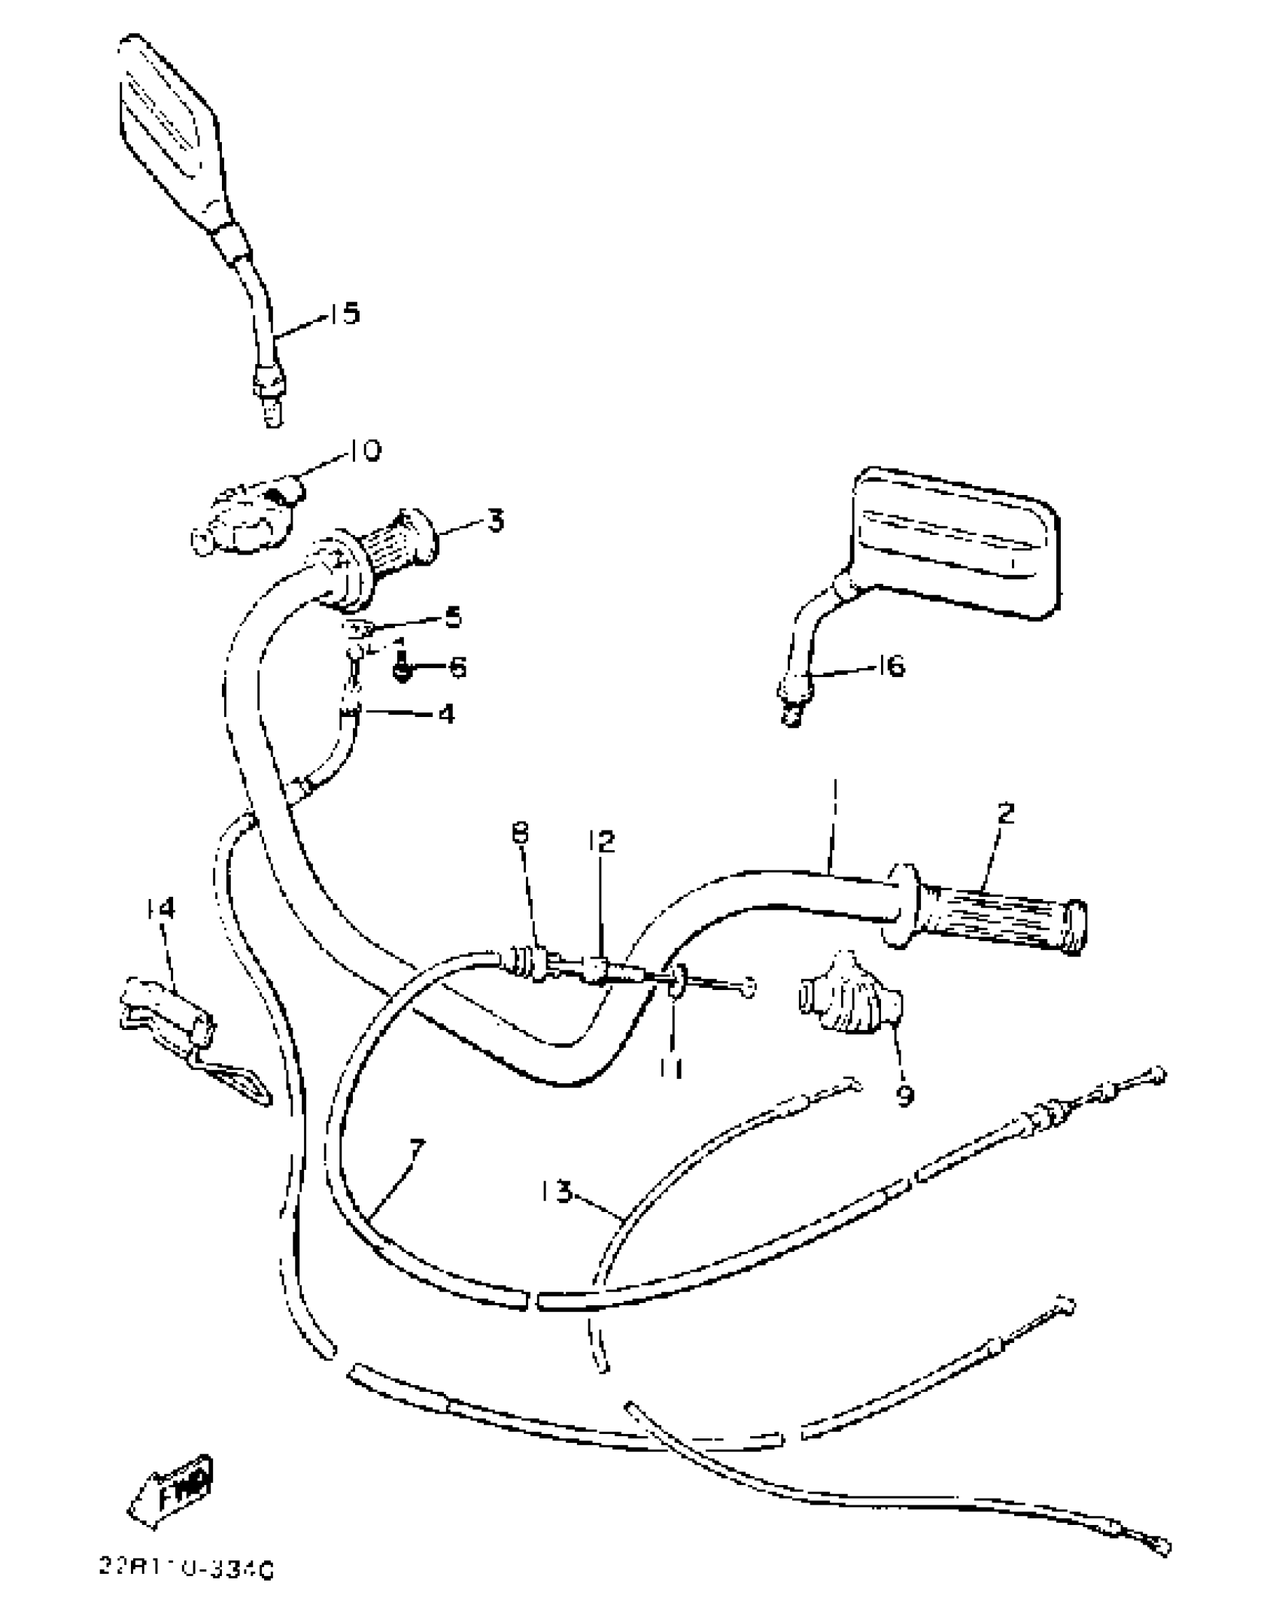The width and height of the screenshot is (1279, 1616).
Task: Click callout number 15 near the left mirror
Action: coord(345,313)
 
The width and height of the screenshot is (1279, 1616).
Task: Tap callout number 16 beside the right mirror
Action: coord(892,666)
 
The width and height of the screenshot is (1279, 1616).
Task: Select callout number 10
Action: coord(364,451)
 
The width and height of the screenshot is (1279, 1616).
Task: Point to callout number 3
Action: coord(495,521)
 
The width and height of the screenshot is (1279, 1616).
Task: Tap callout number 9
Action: coord(905,1095)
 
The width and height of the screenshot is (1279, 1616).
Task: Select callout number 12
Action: coord(602,840)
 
